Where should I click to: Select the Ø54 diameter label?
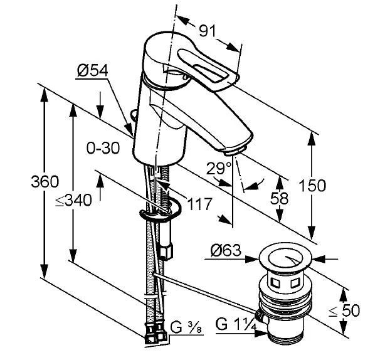click(93, 71)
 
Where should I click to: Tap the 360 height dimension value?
click(45, 182)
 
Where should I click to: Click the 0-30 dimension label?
click(103, 149)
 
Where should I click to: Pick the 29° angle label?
click(219, 168)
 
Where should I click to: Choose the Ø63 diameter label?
click(225, 251)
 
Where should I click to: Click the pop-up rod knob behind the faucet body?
click(132, 115)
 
